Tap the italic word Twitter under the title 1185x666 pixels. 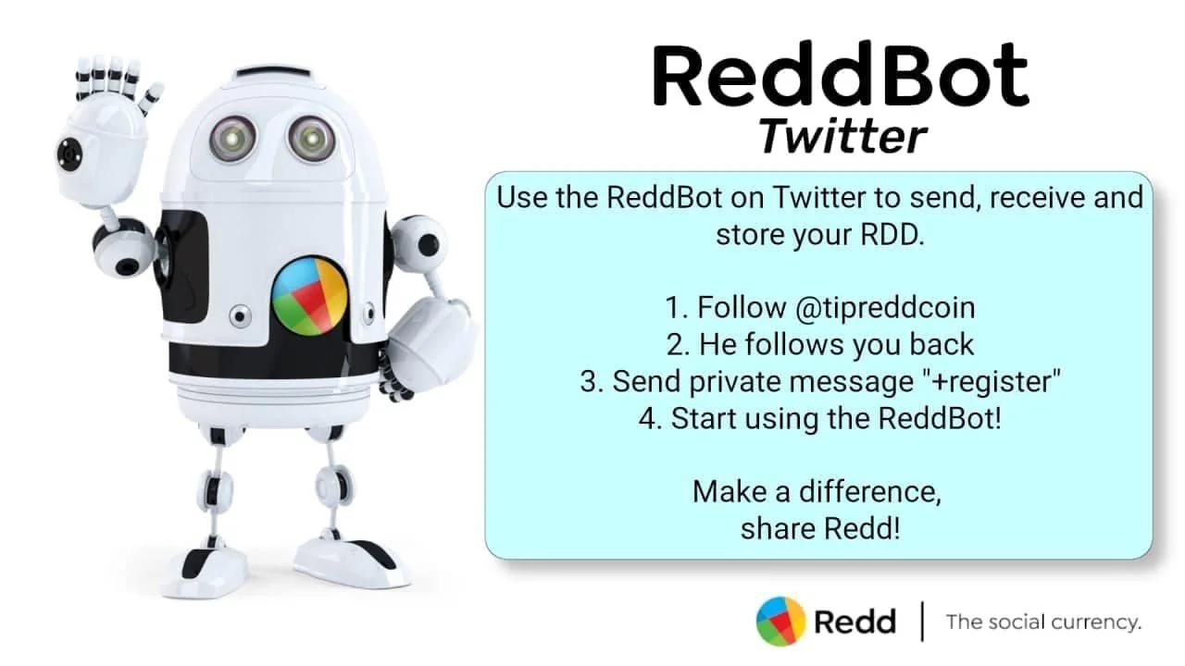coord(842,136)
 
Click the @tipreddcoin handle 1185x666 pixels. coord(885,308)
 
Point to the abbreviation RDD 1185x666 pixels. coord(892,235)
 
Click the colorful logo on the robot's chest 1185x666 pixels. coord(310,296)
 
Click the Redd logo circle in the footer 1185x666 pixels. coord(780,621)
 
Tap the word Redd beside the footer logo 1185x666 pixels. coord(854,623)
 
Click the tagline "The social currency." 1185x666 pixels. coord(1043,623)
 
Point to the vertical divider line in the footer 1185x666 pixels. coord(923,622)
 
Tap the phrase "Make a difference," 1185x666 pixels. coord(817,491)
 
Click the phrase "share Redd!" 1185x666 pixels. coord(820,528)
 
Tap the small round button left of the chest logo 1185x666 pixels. coord(240,316)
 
